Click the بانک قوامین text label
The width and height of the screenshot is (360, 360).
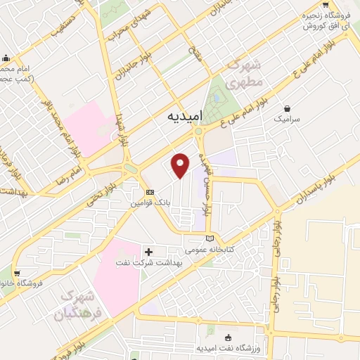[148, 204]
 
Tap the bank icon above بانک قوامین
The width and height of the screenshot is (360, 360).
[149, 192]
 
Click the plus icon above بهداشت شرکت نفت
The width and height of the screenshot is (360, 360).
[148, 251]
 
